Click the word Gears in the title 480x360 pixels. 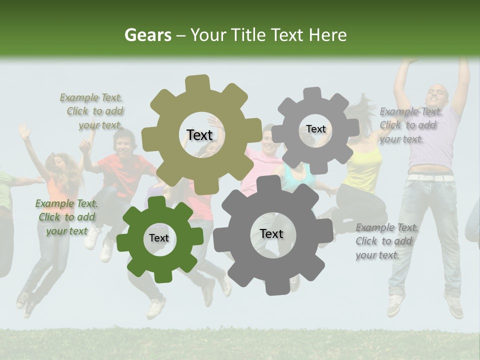tap(147, 35)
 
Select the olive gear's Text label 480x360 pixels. tap(199, 135)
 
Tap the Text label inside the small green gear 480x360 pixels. tap(158, 238)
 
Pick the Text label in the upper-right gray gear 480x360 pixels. tap(315, 129)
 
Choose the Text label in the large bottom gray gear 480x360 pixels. tap(271, 233)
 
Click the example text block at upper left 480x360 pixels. tap(93, 111)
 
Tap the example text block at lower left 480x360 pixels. tap(66, 217)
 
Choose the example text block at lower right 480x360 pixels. tap(386, 241)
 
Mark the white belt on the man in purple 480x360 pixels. tap(431, 177)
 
